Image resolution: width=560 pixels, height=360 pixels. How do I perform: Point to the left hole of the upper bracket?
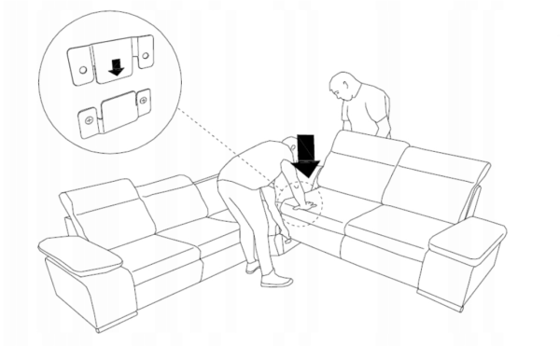(81, 69)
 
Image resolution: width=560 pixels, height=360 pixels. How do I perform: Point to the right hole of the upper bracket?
(146, 58)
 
